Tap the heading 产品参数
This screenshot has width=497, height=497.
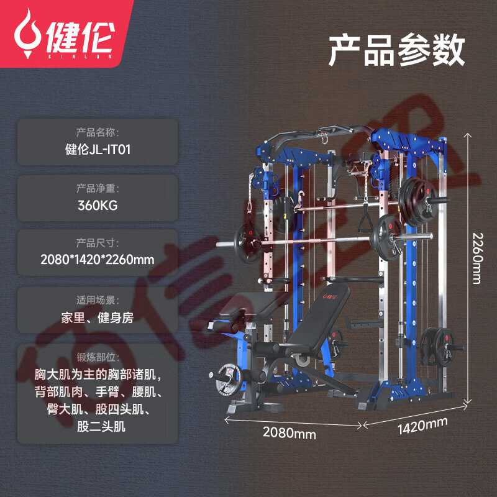pyautogui.click(x=396, y=50)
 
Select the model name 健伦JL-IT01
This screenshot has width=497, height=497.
pyautogui.click(x=98, y=150)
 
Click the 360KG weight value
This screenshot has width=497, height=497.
pyautogui.click(x=98, y=204)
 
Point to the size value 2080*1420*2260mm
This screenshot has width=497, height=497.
pyautogui.click(x=98, y=259)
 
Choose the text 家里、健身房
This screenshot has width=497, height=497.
pyautogui.click(x=98, y=317)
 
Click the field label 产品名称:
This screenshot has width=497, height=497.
pyautogui.click(x=98, y=132)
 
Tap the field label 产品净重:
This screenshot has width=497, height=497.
pyautogui.click(x=98, y=188)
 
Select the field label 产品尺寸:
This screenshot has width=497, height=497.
pyautogui.click(x=98, y=242)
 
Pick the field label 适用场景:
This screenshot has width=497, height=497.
pyautogui.click(x=98, y=300)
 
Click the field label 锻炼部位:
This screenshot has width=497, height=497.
pyautogui.click(x=98, y=357)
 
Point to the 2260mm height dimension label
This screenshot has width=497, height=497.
pyautogui.click(x=476, y=258)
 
